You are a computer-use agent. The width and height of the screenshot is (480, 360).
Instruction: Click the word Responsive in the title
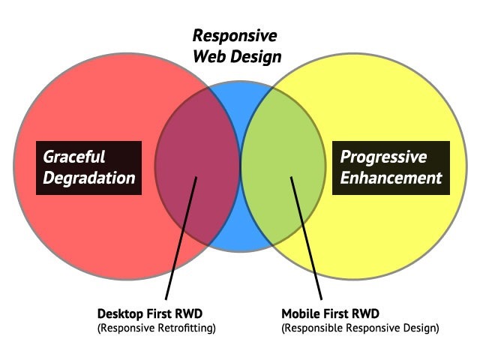[235, 35]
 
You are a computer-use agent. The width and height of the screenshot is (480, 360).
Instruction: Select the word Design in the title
[256, 56]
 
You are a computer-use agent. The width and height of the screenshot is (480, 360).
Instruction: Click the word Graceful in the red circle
[74, 157]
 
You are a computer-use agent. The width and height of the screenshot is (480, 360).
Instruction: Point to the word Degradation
[89, 178]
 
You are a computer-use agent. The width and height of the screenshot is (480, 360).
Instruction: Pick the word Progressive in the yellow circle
[383, 157]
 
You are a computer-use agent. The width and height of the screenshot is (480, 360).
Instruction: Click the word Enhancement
[391, 178]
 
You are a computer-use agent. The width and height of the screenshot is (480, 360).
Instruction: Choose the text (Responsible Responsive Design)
[360, 328]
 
